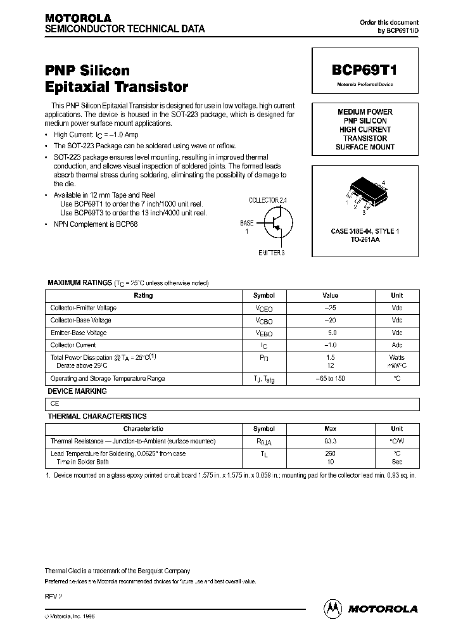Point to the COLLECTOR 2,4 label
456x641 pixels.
pos(268,200)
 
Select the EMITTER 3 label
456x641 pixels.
pos(272,253)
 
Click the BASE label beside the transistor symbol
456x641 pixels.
pos(246,224)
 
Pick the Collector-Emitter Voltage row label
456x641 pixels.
pos(84,308)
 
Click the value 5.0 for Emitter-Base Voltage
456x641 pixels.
pos(331,333)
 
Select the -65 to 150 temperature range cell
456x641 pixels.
pos(331,378)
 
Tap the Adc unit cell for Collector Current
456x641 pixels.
pos(397,345)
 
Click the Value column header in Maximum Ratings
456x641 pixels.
pos(331,295)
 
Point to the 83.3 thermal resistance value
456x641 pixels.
pos(331,441)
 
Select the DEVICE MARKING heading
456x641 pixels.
pos(77,391)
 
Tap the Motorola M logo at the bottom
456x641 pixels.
pos(332,608)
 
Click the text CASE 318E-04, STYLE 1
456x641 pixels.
pos(365,232)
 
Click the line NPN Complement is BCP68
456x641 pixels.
pos(96,224)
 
